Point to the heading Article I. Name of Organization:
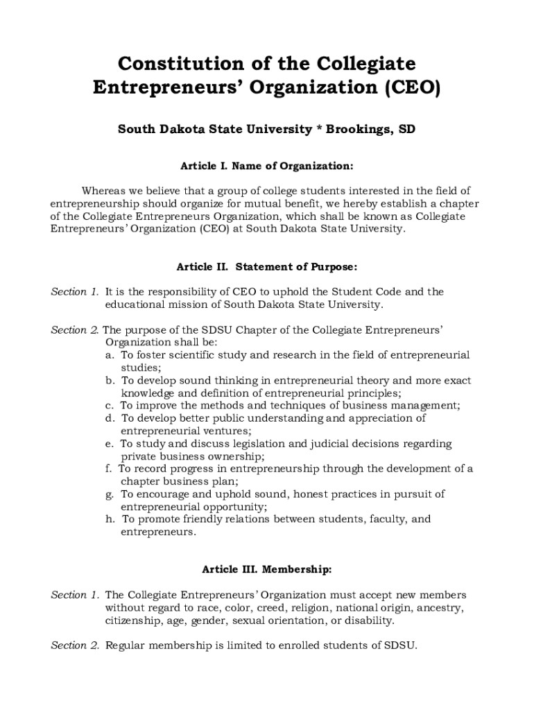pos(267,166)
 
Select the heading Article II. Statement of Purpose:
pos(267,266)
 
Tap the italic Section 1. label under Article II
pos(75,292)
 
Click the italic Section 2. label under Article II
pos(75,330)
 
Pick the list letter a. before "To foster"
pos(110,355)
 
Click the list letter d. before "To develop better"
pos(110,418)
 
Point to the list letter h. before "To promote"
pos(110,519)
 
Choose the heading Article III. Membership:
pos(267,570)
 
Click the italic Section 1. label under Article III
pos(75,595)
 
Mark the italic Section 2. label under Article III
pos(75,646)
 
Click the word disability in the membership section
pos(370,621)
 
